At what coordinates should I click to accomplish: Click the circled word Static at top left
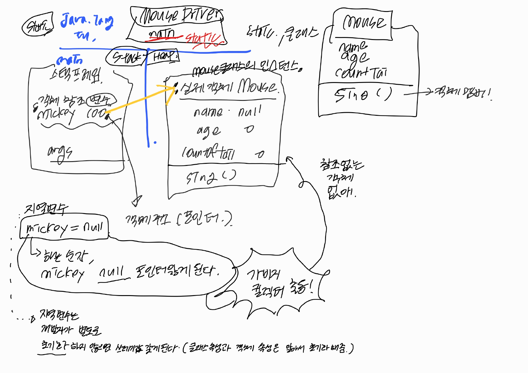coord(38,25)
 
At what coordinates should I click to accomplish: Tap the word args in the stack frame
coord(60,153)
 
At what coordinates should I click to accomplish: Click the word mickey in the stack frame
coord(56,114)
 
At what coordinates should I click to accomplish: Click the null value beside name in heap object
coord(250,112)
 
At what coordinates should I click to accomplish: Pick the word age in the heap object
coord(208,131)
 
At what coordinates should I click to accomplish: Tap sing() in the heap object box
coord(211,177)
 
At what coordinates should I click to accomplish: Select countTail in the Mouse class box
coord(361,73)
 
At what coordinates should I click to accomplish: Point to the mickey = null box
coord(64,228)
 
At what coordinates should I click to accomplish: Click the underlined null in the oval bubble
coord(111,273)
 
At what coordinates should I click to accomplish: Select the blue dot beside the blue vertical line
coord(155,143)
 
